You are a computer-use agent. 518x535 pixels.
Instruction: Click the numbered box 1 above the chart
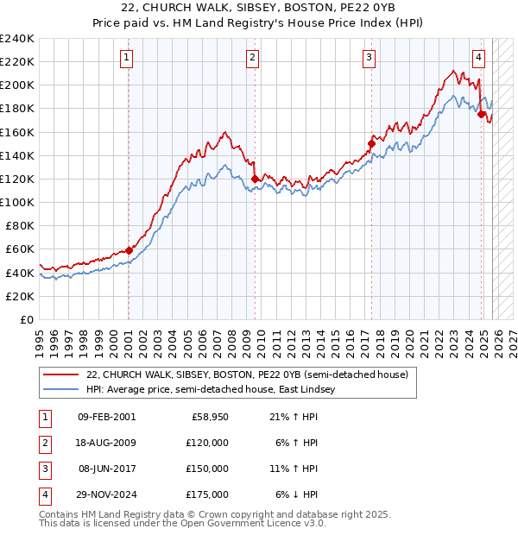[127, 58]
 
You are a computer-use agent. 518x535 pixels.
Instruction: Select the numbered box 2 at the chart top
[253, 58]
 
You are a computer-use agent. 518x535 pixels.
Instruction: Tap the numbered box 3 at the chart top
[370, 58]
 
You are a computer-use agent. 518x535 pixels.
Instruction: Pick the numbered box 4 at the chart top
[478, 58]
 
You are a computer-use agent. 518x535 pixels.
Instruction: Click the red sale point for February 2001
[129, 250]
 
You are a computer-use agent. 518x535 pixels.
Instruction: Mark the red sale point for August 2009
[255, 179]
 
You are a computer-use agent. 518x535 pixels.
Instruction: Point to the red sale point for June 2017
[371, 143]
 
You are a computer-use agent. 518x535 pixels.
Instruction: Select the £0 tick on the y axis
[26, 319]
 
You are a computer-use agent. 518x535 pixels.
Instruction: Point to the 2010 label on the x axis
[261, 339]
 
